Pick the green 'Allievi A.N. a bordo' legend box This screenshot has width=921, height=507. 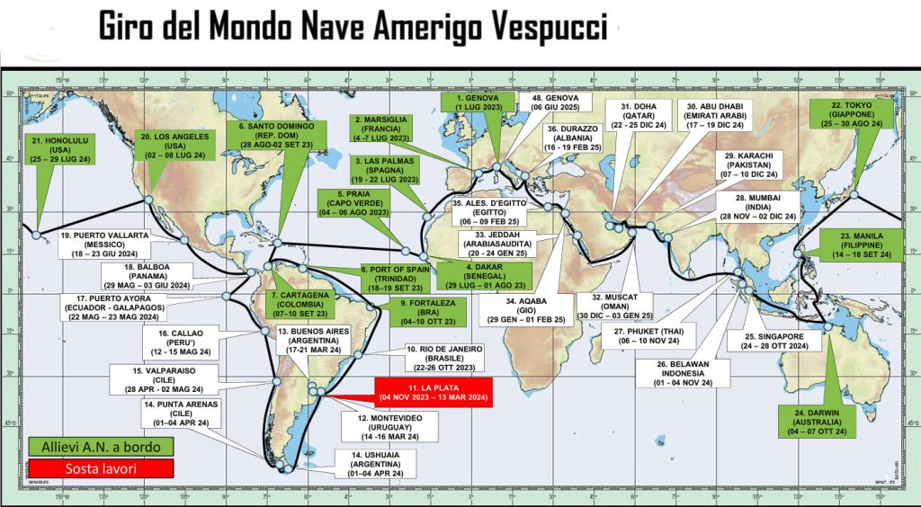pyautogui.click(x=87, y=447)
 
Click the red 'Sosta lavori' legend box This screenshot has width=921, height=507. pyautogui.click(x=87, y=468)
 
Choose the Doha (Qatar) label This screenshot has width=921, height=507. pyautogui.click(x=640, y=117)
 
